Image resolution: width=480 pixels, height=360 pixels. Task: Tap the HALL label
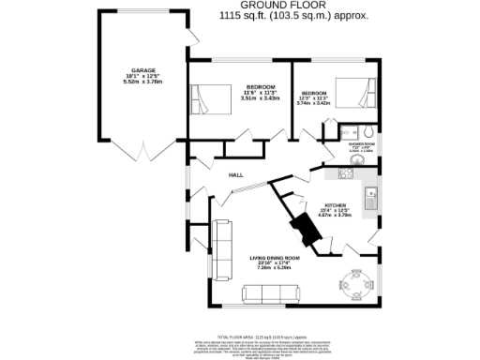pos(238,175)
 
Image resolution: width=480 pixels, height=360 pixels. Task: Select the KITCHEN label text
pos(337,204)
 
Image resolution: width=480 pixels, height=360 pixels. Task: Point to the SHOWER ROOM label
pos(362,144)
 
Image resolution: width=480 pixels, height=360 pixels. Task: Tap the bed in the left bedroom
pos(211,97)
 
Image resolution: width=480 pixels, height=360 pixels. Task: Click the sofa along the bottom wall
pos(270,294)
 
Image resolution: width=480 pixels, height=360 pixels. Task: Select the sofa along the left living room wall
pos(221,249)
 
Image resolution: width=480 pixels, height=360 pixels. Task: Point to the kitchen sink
pos(371,199)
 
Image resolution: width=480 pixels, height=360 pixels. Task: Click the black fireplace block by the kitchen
pos(304,229)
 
